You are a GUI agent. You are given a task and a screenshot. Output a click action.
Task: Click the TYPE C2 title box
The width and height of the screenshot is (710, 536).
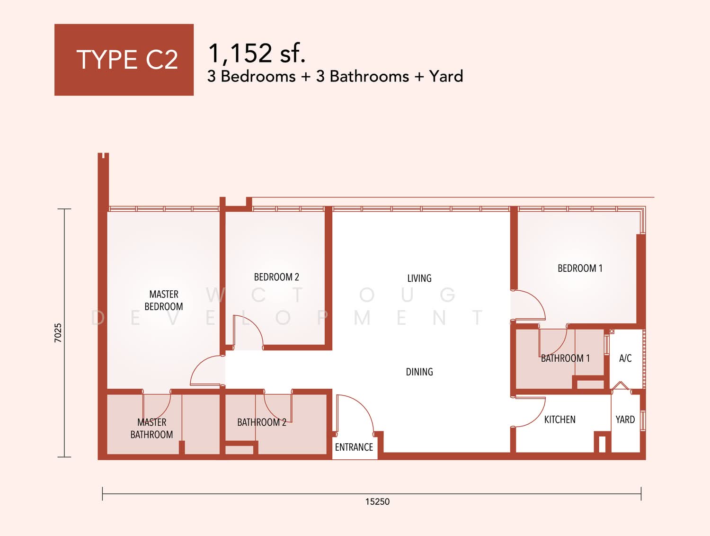[124, 60]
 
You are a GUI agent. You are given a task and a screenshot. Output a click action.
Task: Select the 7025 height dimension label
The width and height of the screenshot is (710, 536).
[58, 333]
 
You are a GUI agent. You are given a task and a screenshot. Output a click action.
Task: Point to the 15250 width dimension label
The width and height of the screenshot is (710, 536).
[377, 502]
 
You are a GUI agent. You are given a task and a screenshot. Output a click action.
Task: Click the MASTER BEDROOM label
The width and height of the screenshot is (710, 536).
[164, 300]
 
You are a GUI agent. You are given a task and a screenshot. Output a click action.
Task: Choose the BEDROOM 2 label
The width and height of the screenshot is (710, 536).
[276, 277]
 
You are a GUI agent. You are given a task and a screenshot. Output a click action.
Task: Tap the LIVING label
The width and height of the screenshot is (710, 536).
[419, 278]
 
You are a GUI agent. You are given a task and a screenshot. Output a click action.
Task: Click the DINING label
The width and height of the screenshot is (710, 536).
[419, 372]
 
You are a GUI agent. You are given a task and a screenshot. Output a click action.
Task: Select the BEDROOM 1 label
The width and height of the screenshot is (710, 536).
[580, 268]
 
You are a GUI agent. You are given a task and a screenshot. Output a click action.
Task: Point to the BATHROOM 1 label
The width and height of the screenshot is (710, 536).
[566, 358]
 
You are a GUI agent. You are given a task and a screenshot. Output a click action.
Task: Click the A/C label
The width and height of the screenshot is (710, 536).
[625, 358]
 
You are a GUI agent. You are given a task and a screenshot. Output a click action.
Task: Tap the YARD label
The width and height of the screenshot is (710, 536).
[625, 420]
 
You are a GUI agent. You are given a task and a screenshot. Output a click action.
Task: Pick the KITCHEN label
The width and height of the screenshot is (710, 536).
[560, 420]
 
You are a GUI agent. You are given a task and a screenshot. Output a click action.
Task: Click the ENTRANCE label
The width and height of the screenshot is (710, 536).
[354, 447]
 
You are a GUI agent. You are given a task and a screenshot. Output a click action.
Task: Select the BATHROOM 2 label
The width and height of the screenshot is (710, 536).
[262, 422]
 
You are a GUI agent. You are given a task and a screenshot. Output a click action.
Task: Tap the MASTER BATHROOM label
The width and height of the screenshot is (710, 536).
[152, 429]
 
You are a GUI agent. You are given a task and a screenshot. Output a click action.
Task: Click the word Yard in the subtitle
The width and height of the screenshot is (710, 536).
[446, 77]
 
